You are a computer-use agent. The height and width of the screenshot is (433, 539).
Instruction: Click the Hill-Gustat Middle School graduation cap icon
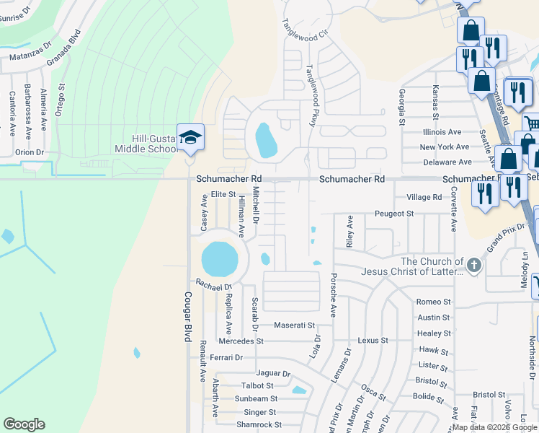(x=190, y=137)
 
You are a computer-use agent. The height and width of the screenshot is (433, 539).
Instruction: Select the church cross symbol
(x=473, y=266)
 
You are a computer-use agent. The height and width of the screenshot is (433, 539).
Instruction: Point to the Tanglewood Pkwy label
(x=311, y=95)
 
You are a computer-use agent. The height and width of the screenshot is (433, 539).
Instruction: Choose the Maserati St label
(x=290, y=325)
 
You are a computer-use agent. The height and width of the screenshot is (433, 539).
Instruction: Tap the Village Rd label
(x=424, y=197)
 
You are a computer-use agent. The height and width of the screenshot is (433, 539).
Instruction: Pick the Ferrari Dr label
(x=227, y=357)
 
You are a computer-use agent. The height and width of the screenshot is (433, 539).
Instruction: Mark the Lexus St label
(x=373, y=340)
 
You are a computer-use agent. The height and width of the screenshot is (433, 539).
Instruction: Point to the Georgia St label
(x=402, y=105)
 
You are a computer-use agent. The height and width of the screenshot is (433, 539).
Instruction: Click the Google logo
(x=24, y=424)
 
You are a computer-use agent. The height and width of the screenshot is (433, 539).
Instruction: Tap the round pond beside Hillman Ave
(x=220, y=259)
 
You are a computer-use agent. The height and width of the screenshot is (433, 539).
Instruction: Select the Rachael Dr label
(x=210, y=286)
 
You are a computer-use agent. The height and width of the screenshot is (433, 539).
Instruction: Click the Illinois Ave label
(x=442, y=132)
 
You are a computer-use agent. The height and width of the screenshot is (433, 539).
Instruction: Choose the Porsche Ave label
(x=334, y=295)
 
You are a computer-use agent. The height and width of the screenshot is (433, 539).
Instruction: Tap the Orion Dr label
(x=30, y=152)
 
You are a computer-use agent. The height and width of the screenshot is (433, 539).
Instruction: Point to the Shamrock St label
(x=257, y=425)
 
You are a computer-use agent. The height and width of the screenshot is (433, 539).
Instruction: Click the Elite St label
(x=223, y=194)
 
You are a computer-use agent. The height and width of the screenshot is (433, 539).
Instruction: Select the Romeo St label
(x=434, y=302)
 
